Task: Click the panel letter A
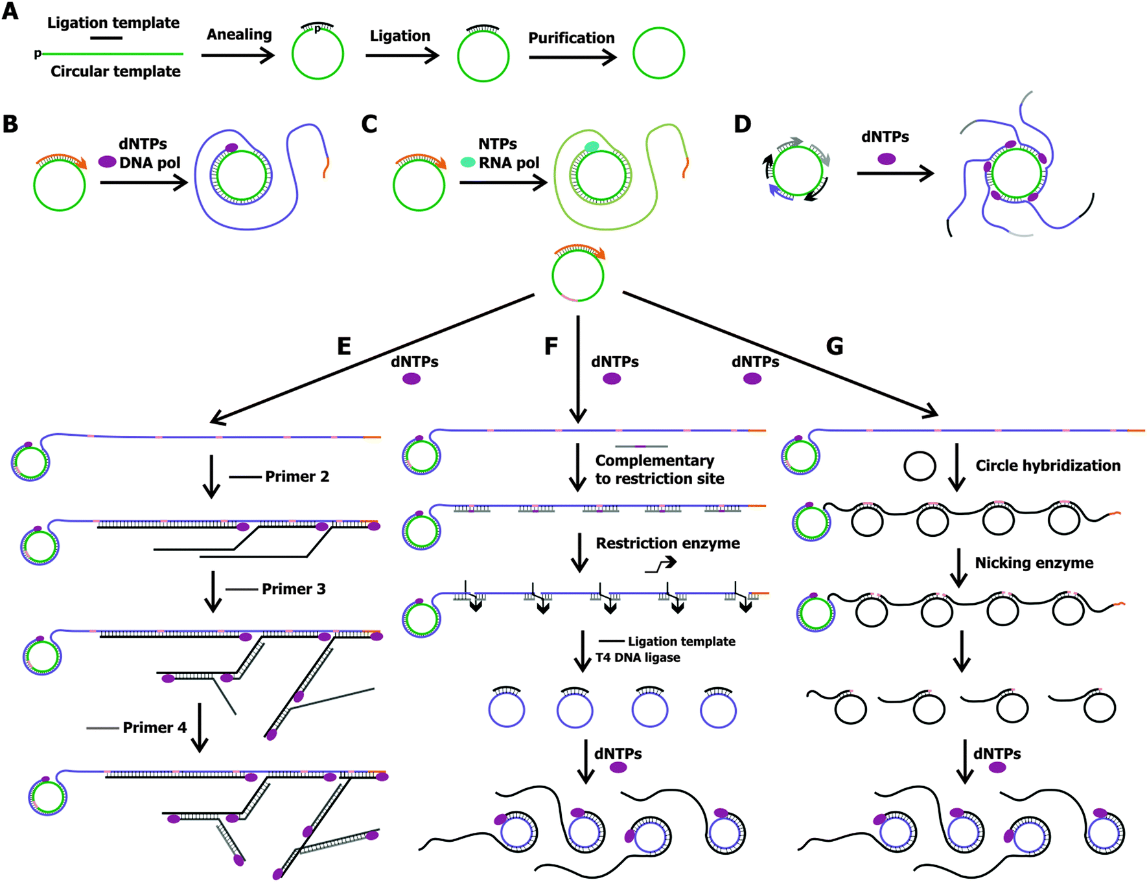pos(10,11)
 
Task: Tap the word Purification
pos(572,38)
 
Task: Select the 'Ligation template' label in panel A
pos(113,23)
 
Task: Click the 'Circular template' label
pos(115,71)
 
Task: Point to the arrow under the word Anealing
pos(238,56)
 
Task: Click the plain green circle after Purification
pos(659,28)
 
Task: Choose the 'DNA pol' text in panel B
pos(150,163)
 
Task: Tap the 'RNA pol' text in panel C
pos(509,163)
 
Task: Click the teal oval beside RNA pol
pos(468,162)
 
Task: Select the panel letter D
pos(743,124)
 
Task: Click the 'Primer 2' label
pos(297,477)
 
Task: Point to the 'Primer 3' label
pos(294,589)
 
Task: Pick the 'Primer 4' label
pos(155,728)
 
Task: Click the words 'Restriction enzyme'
pos(668,543)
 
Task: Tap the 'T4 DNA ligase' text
pos(638,657)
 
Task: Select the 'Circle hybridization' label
pos(1048,466)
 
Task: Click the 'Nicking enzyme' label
pos(1034,563)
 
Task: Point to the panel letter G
pos(835,346)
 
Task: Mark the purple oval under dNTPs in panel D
pos(886,159)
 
